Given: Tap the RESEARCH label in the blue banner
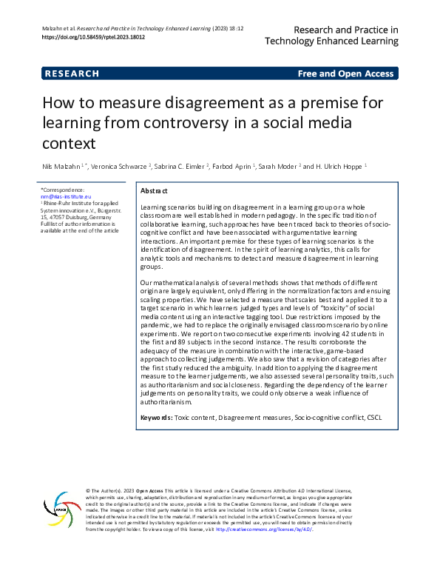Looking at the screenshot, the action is [x=72, y=74].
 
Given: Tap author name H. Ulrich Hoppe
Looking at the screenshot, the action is [x=335, y=166].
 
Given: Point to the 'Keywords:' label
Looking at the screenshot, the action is [x=156, y=418].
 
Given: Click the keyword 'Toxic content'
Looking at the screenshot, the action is [x=196, y=418].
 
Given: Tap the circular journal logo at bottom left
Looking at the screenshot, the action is [x=62, y=511].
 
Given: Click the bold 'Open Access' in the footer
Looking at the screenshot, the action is [x=150, y=491].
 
